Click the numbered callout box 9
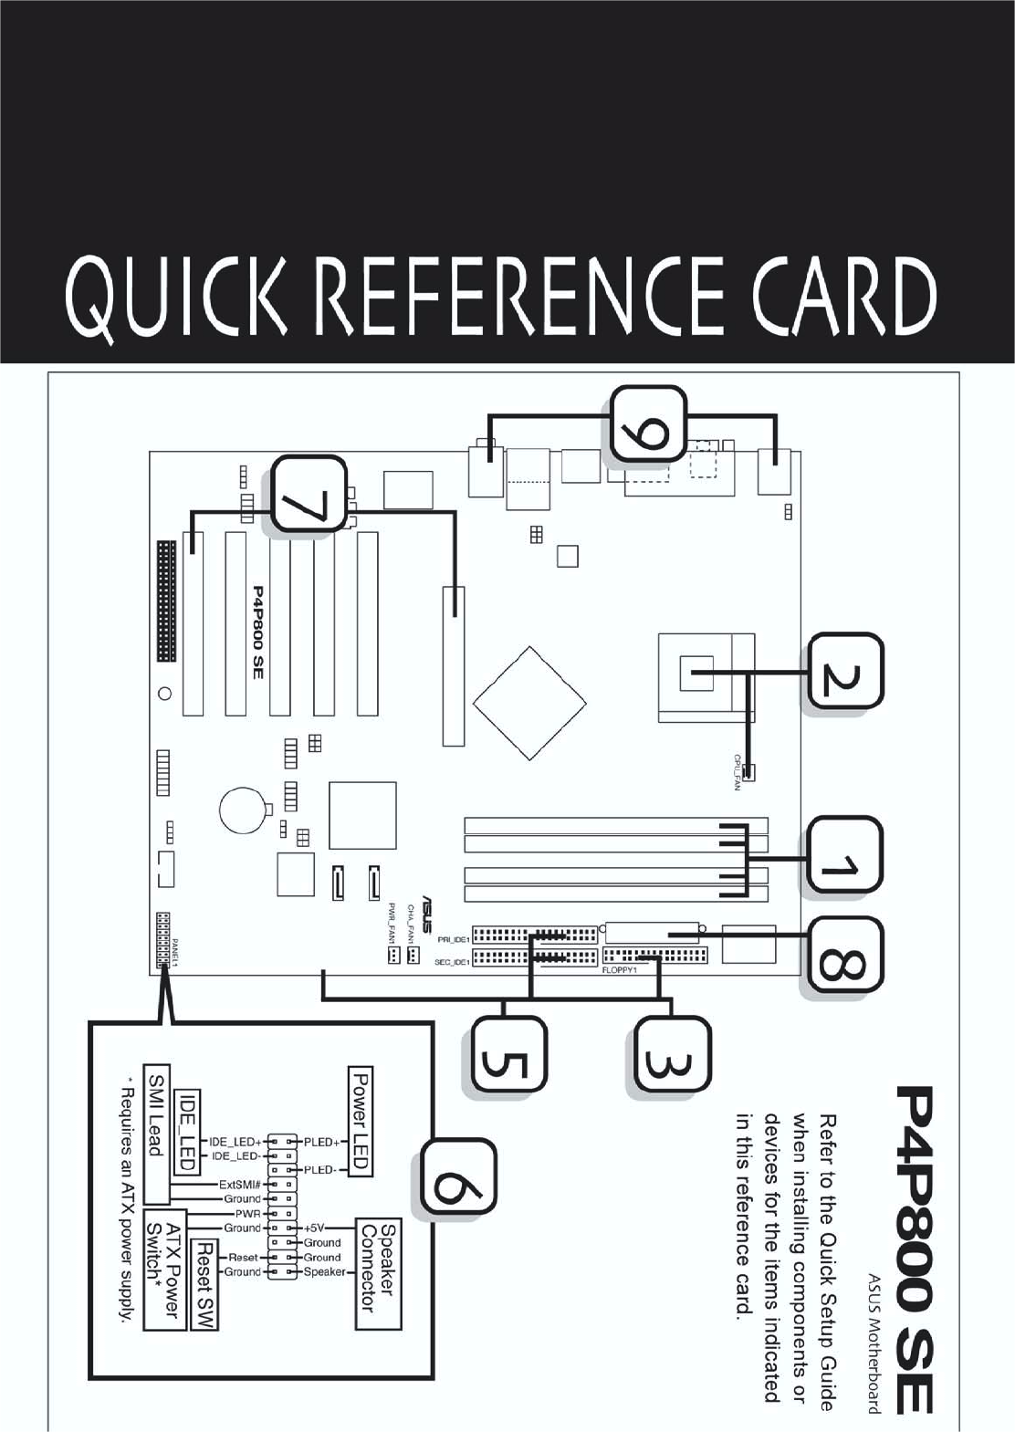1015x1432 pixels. click(x=648, y=423)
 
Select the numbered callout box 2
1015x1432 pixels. click(x=844, y=673)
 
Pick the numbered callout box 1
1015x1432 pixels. click(x=844, y=857)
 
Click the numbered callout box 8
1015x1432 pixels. click(x=844, y=956)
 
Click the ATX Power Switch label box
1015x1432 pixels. click(x=164, y=1270)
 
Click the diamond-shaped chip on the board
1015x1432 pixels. click(x=529, y=703)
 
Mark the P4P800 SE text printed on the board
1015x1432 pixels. click(x=257, y=632)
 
